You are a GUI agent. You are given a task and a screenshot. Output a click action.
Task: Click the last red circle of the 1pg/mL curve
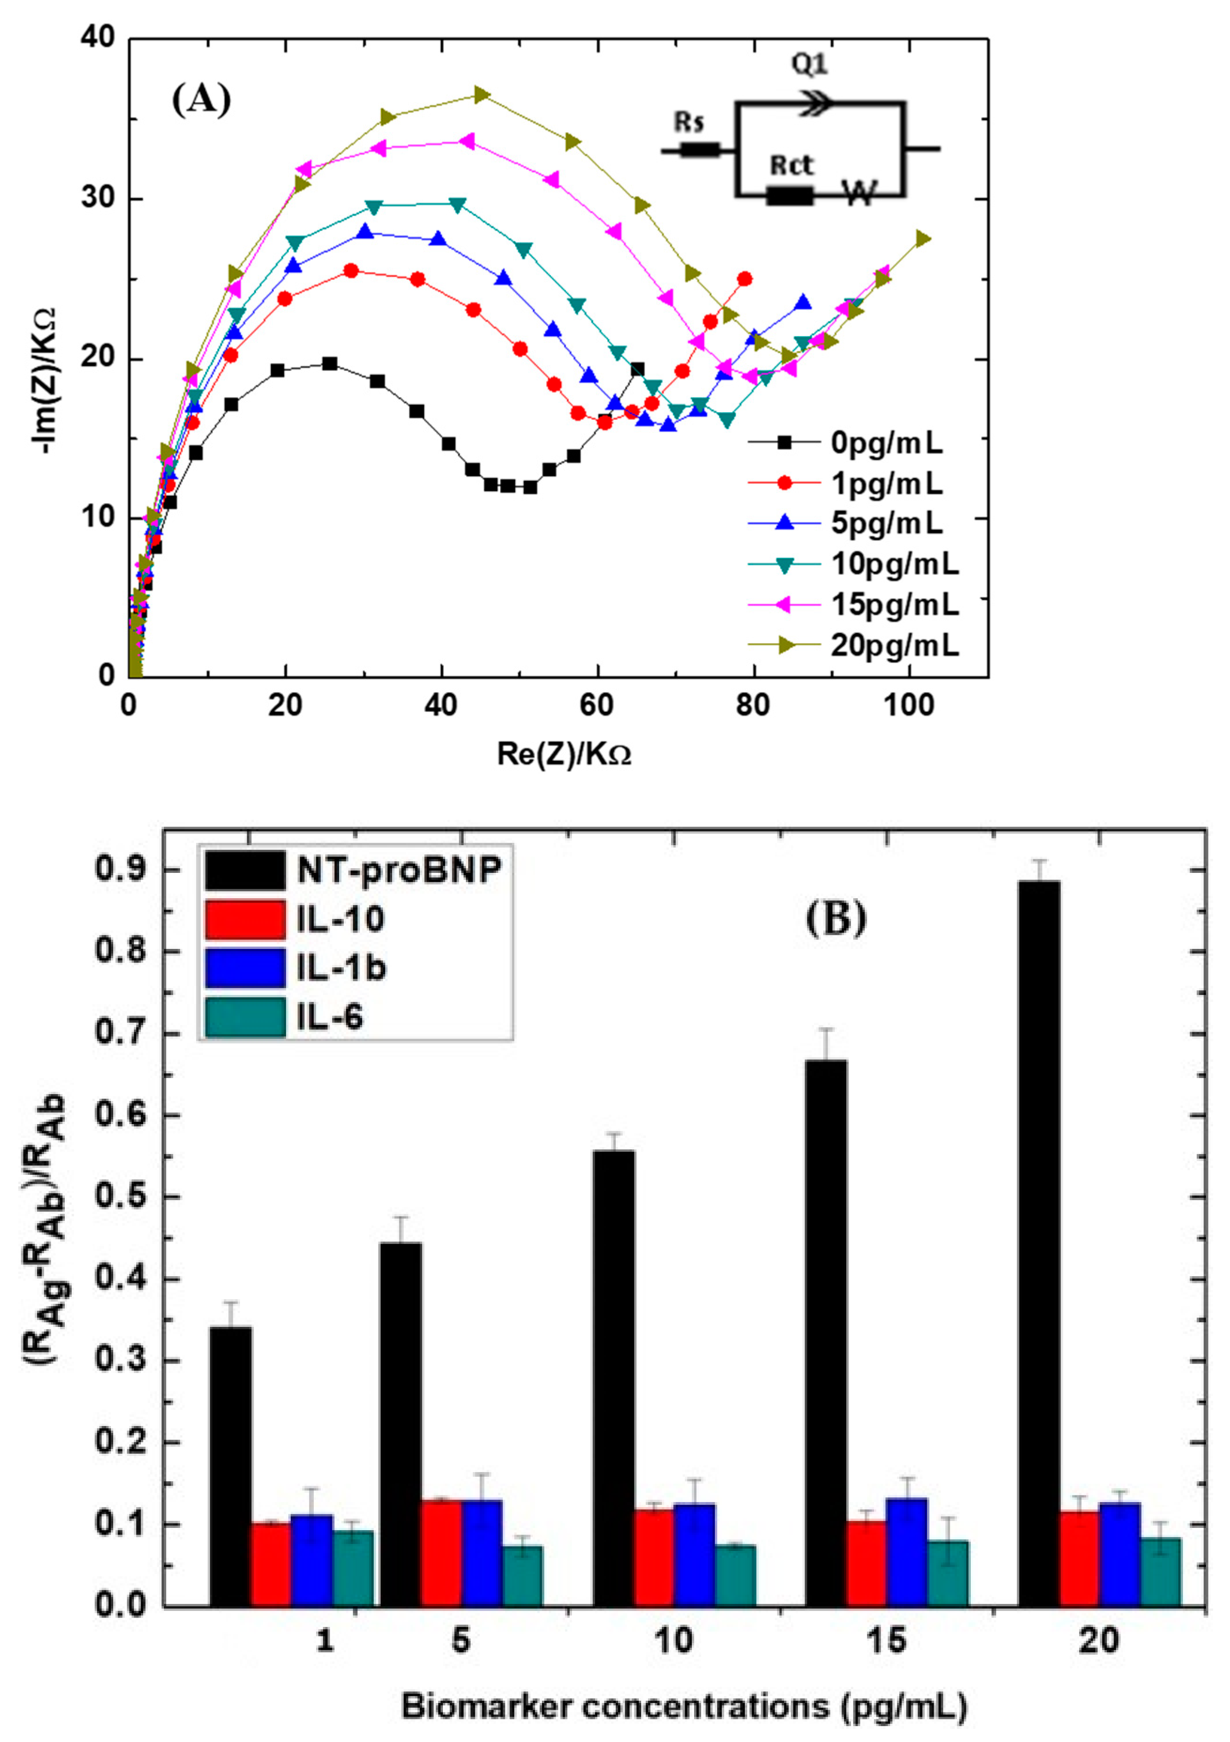click(744, 278)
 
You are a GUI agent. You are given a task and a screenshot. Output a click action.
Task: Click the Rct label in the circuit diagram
click(791, 165)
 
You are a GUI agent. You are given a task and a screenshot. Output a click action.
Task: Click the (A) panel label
click(201, 99)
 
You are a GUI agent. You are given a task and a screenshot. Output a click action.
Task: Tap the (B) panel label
click(835, 919)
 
